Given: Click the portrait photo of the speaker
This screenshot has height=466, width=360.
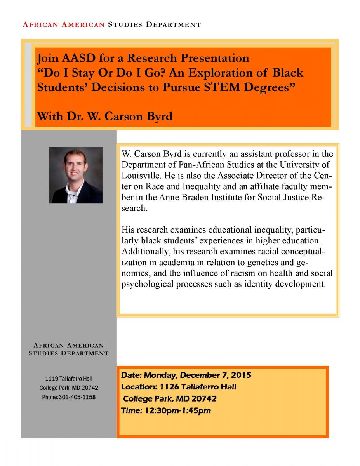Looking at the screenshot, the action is tap(76, 175).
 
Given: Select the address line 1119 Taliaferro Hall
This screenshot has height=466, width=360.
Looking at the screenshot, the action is tap(69, 379).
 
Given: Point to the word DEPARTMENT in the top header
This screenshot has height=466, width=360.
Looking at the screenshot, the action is tap(173, 24).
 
